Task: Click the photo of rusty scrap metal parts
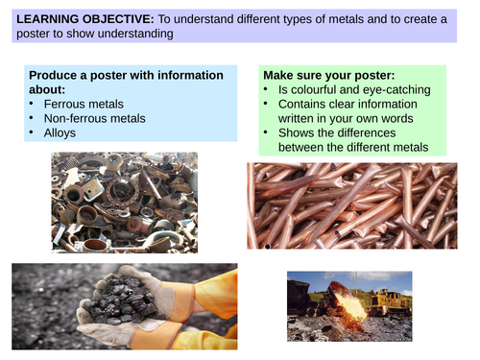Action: (x=124, y=202)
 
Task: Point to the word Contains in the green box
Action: (x=303, y=105)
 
